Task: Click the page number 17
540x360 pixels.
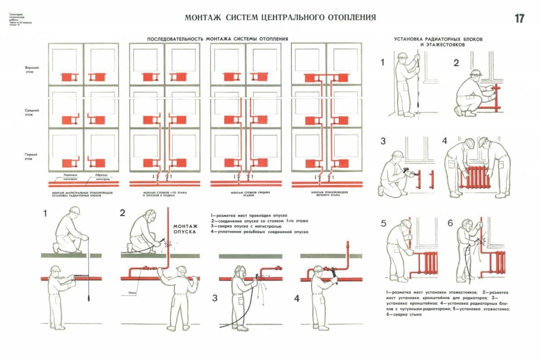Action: pyautogui.click(x=519, y=18)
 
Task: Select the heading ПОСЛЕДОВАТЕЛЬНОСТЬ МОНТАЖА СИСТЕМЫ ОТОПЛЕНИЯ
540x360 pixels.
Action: pyautogui.click(x=218, y=39)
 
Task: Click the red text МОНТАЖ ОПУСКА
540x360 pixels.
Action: pyautogui.click(x=185, y=229)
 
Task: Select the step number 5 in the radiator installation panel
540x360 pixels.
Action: pyautogui.click(x=383, y=224)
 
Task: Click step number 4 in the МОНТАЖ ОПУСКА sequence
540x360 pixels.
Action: pyautogui.click(x=296, y=298)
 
